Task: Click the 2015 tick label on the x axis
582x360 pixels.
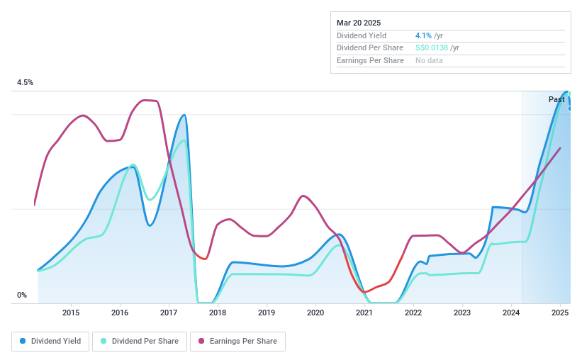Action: click(70, 313)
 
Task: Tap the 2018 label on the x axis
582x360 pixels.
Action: click(218, 313)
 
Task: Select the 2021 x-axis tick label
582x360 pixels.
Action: click(364, 313)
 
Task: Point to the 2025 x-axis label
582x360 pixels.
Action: click(560, 313)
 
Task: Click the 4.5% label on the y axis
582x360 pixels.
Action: click(26, 83)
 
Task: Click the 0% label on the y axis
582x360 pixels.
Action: click(22, 296)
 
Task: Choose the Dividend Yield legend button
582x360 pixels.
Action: click(50, 342)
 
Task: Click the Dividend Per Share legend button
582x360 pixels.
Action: click(140, 342)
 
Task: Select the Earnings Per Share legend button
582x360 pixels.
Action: click(237, 342)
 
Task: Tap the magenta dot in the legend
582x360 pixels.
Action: click(201, 342)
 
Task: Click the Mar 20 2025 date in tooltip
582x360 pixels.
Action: click(359, 23)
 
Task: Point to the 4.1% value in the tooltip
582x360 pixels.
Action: click(424, 35)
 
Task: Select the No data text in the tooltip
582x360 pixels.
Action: click(430, 61)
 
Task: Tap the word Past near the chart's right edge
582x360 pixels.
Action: click(556, 100)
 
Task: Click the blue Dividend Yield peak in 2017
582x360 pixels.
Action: click(184, 115)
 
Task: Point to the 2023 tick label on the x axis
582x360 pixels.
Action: click(462, 313)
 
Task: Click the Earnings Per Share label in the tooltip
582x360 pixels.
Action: click(370, 61)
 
